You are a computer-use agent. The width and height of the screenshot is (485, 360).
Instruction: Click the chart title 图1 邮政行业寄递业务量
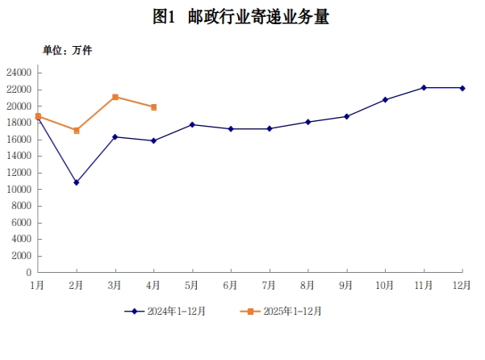[x=241, y=18]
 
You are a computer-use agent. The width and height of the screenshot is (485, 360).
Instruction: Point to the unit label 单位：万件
[x=68, y=50]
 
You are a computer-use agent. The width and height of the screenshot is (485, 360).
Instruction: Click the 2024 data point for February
[x=76, y=182]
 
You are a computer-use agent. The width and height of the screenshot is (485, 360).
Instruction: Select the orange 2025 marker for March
[x=115, y=97]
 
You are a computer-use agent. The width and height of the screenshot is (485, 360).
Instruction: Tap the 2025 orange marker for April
[x=153, y=107]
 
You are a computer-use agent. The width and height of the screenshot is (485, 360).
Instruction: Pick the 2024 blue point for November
[x=424, y=87]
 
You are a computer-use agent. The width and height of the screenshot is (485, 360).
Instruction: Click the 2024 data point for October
[x=385, y=99]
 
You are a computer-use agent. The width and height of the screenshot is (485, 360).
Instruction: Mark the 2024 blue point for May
[x=192, y=124]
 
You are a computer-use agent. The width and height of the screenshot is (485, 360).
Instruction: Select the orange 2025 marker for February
[x=77, y=130]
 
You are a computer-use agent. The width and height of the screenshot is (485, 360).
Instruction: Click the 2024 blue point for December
[x=462, y=88]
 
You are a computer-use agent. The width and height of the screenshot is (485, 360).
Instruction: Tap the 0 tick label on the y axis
[x=28, y=273]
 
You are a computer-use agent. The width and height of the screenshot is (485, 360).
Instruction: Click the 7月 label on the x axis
[x=269, y=284]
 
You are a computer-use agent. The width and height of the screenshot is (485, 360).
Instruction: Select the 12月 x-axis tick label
[x=462, y=284]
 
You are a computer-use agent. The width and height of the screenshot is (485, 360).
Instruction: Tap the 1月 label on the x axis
[x=37, y=284]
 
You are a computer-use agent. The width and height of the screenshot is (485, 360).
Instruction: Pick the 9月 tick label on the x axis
[x=346, y=284]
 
